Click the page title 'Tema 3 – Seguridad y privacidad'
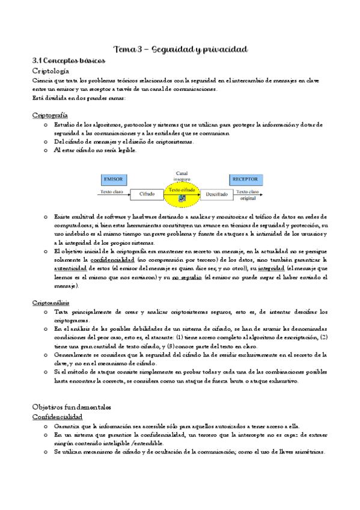(180, 49)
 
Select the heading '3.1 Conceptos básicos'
(69, 61)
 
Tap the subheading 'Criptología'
(54, 71)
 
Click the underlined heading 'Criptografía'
(50, 114)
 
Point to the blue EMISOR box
(114, 179)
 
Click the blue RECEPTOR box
(246, 179)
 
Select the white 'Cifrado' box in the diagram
(147, 195)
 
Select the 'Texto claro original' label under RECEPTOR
(248, 194)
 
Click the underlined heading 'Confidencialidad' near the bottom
(57, 417)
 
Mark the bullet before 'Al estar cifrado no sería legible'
(46, 150)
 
